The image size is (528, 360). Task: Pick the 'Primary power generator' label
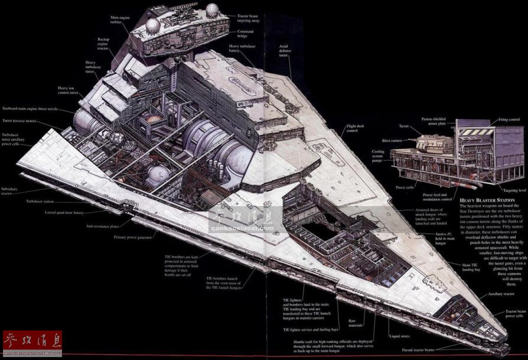[133, 237]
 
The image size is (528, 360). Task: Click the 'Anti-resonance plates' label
[102, 226]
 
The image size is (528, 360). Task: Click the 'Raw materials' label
[356, 323]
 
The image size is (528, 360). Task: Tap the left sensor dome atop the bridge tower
[153, 24]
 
